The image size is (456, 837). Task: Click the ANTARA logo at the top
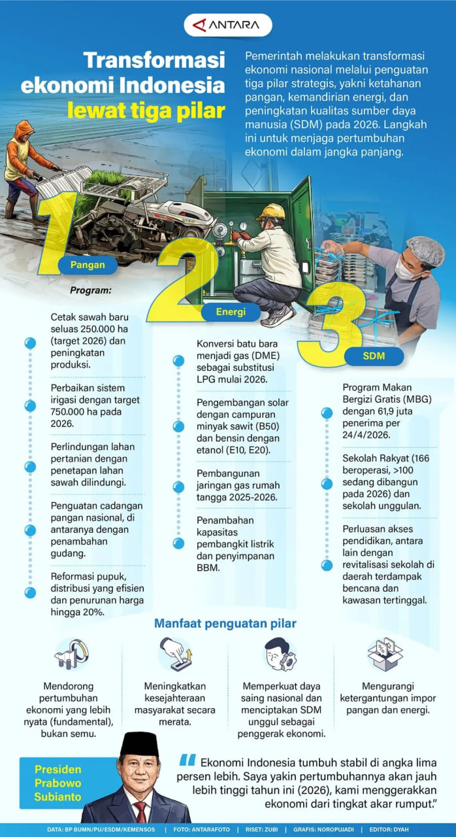click(227, 26)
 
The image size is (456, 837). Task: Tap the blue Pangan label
click(88, 265)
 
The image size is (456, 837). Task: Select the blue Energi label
click(231, 312)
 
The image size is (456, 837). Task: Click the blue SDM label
click(374, 356)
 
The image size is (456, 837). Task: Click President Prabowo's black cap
click(140, 744)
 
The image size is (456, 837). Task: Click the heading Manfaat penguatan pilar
click(225, 623)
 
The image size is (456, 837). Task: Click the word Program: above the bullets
click(90, 290)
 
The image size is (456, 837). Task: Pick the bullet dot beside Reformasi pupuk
click(30, 592)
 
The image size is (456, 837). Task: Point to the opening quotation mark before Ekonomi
click(187, 760)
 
